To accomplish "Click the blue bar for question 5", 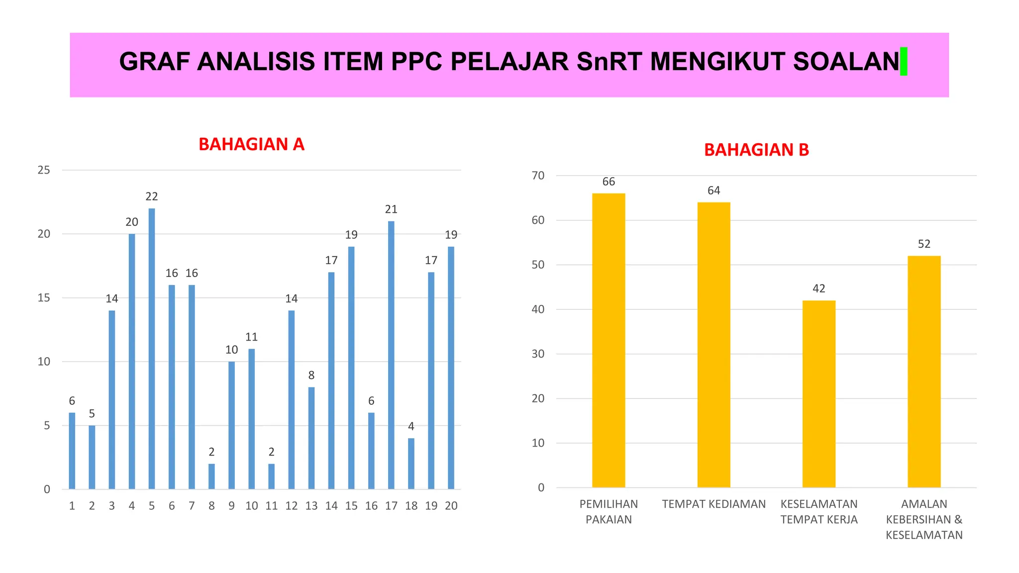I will pos(152,348).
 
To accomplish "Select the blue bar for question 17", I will pos(391,355).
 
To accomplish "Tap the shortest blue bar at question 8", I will pos(211,476).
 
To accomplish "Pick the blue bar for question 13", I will pos(311,438).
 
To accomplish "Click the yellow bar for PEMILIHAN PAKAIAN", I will pos(609,340).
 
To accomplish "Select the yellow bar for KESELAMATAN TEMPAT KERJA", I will pos(819,393).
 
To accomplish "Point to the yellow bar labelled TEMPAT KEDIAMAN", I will pos(713,345).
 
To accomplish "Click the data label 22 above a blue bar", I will pos(152,196).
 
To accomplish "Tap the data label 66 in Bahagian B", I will pos(609,182).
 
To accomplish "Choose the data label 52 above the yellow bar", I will pos(924,244).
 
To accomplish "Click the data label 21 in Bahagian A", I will pos(391,209).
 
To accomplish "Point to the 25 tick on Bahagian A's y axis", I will pos(44,170).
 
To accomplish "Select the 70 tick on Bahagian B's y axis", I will pos(538,176).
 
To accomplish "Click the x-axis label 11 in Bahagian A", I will pos(271,506).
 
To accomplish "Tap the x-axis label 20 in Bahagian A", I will pos(451,506).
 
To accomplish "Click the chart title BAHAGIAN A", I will pos(251,144).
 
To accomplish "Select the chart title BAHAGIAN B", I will pos(756,150).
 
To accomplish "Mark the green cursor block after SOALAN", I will pos(904,62).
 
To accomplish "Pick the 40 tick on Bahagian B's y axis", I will pos(538,309).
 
